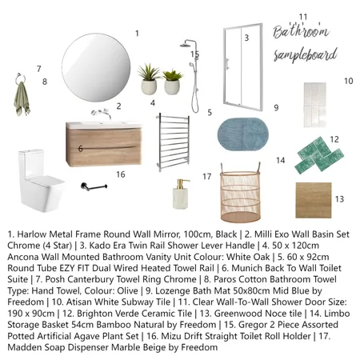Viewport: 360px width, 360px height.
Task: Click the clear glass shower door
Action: pyautogui.click(x=242, y=70)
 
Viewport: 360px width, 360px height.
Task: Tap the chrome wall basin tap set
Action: pyautogui.click(x=102, y=113)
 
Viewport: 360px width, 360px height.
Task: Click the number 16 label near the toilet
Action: pyautogui.click(x=120, y=174)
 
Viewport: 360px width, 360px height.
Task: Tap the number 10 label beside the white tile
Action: pyautogui.click(x=348, y=81)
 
